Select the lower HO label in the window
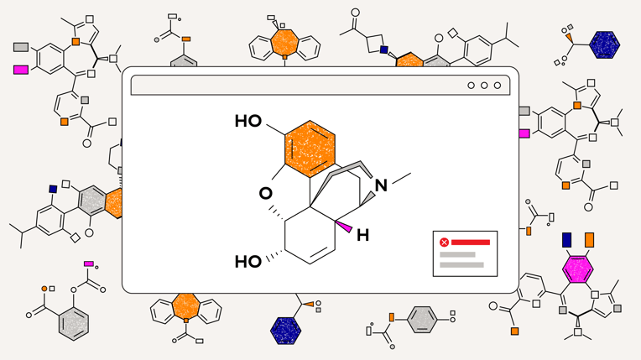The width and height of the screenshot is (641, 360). tap(248, 261)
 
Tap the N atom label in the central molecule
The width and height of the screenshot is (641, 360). tap(382, 185)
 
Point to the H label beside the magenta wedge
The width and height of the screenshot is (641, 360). tap(362, 236)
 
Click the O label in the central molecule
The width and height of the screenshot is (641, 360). tap(266, 193)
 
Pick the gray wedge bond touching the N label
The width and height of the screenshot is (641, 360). tap(367, 198)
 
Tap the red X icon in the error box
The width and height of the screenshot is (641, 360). tap(444, 243)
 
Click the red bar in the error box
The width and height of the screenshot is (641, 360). tap(471, 243)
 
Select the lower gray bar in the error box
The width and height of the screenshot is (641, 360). tap(461, 265)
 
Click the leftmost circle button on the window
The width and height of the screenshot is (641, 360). tap(472, 86)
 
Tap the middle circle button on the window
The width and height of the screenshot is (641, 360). tap(484, 86)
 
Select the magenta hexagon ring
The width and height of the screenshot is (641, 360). tap(577, 270)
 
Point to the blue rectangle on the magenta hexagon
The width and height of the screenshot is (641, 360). tap(566, 241)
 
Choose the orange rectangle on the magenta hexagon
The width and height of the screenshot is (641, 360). tap(589, 241)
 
